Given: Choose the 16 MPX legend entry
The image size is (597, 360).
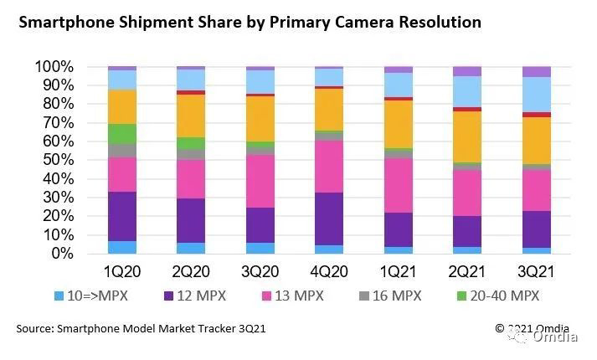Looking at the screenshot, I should [394, 295].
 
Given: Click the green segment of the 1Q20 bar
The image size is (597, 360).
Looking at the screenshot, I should [122, 134].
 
